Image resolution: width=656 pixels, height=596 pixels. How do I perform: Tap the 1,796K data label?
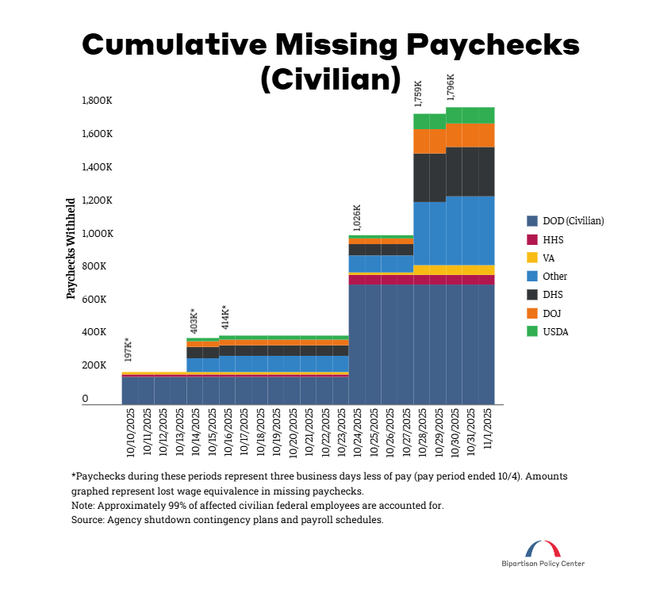coord(451,88)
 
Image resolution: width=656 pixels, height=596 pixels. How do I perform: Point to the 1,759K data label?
coord(419,93)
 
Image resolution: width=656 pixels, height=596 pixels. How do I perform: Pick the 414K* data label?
coord(225,317)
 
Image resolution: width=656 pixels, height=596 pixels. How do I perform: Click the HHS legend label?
coord(554,239)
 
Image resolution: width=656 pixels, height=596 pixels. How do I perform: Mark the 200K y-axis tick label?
coord(99,365)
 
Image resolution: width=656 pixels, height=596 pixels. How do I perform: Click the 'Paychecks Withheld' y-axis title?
coord(71,248)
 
